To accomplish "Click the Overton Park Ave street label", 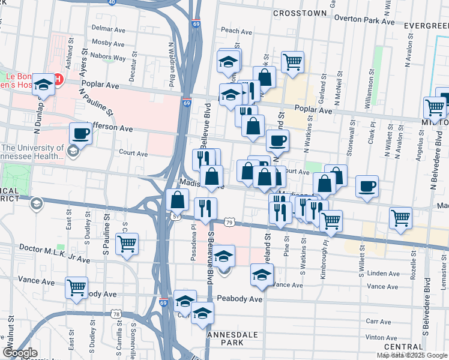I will (x=364, y=21).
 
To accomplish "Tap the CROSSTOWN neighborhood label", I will (x=300, y=13).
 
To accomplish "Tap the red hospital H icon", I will (x=58, y=79).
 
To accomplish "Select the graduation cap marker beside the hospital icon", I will (x=43, y=85).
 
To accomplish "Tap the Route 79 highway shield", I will (x=229, y=223).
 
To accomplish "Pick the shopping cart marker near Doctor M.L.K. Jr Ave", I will (x=127, y=244).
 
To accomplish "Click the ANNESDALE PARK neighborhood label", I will (x=226, y=338).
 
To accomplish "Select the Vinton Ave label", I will (x=382, y=338).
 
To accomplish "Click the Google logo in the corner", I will (x=20, y=353).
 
